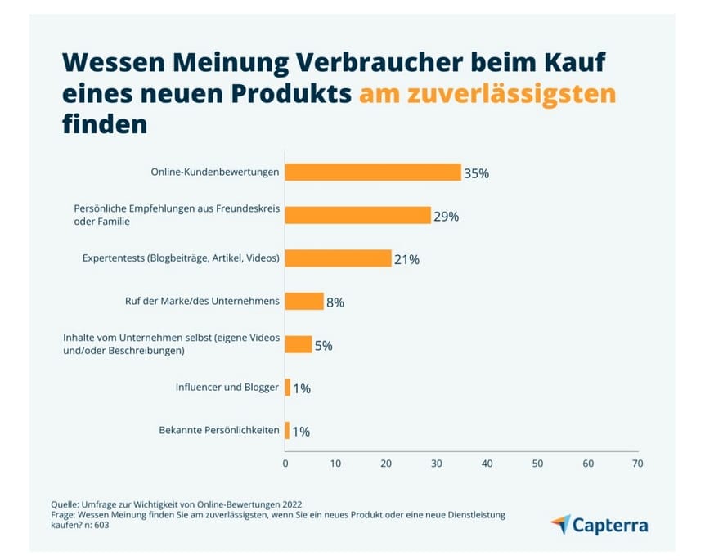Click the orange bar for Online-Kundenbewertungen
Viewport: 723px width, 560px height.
(373, 172)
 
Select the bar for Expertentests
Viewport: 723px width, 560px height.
(338, 258)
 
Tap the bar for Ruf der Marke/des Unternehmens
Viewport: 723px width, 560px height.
(304, 302)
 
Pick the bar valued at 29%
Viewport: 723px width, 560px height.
(357, 216)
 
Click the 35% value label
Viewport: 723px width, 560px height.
(476, 173)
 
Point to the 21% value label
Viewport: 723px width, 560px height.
(406, 259)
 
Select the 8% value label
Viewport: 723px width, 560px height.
(335, 302)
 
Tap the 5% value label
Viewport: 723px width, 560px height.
(324, 345)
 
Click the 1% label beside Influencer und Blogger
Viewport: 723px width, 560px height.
(301, 388)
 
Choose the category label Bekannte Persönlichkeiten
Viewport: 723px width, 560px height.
(218, 430)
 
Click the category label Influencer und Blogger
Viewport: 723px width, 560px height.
(227, 387)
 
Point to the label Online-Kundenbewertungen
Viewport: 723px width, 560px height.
(215, 172)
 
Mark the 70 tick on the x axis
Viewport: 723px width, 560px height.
(638, 464)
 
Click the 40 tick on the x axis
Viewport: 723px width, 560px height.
(487, 464)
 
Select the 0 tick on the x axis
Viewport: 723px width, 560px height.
(285, 464)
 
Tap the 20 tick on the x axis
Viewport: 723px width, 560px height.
(386, 464)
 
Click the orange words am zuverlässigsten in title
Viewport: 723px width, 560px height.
(487, 94)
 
